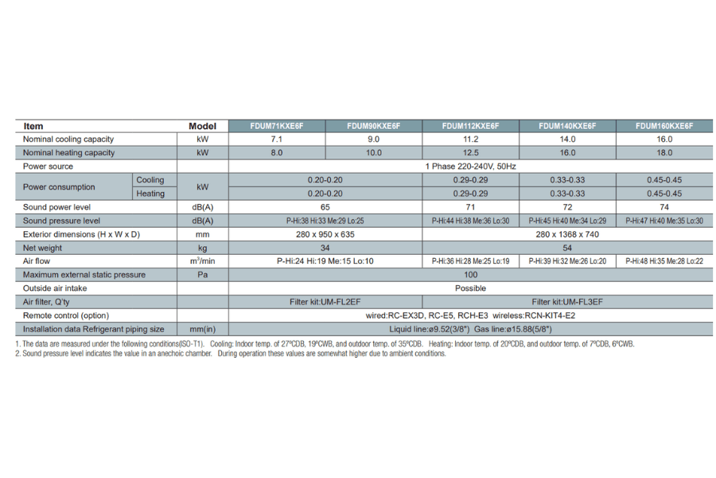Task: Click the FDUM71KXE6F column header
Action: point(277,126)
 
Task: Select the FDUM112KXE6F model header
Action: point(470,126)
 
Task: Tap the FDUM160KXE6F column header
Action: point(664,126)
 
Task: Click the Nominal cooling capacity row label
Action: point(68,139)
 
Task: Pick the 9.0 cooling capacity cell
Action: point(373,139)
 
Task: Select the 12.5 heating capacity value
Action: point(470,153)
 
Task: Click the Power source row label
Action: point(49,167)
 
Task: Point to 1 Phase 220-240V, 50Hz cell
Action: point(470,167)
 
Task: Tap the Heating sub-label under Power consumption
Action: point(150,194)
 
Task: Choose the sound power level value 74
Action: point(664,207)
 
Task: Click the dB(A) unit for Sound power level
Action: point(203,207)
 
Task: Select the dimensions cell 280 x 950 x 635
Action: point(325,234)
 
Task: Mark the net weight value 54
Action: point(567,248)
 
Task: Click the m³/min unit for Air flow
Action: point(203,261)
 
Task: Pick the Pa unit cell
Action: point(203,275)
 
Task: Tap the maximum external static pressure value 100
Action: point(470,275)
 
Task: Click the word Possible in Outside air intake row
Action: point(470,288)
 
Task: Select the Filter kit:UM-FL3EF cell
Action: point(567,302)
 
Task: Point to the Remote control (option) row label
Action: point(66,315)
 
